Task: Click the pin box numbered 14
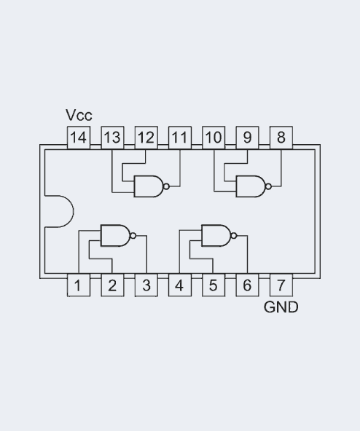point(78,137)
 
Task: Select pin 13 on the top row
point(111,137)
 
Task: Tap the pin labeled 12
point(146,137)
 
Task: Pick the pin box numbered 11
point(179,137)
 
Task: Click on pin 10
point(214,137)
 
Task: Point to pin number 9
point(247,137)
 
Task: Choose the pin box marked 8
point(281,137)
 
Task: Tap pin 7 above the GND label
point(281,285)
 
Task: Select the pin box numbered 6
point(247,285)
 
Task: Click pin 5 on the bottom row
point(214,285)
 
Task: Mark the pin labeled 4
point(179,285)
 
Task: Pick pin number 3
point(146,285)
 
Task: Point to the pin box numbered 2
point(111,285)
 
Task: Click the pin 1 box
point(78,285)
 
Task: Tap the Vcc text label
point(79,116)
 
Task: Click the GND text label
point(281,307)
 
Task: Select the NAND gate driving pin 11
point(149,186)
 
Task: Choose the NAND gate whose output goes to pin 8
point(251,186)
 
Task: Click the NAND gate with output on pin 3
point(115,235)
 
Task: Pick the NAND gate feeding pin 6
point(216,235)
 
